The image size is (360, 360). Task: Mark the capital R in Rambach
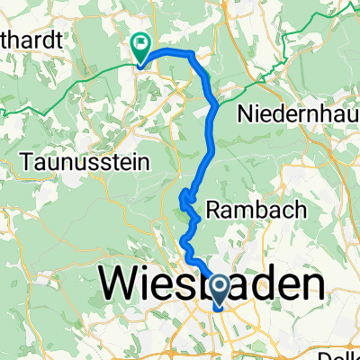click(213, 209)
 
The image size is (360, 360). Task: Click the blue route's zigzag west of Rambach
click(188, 203)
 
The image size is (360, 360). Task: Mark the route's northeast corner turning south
click(193, 56)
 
